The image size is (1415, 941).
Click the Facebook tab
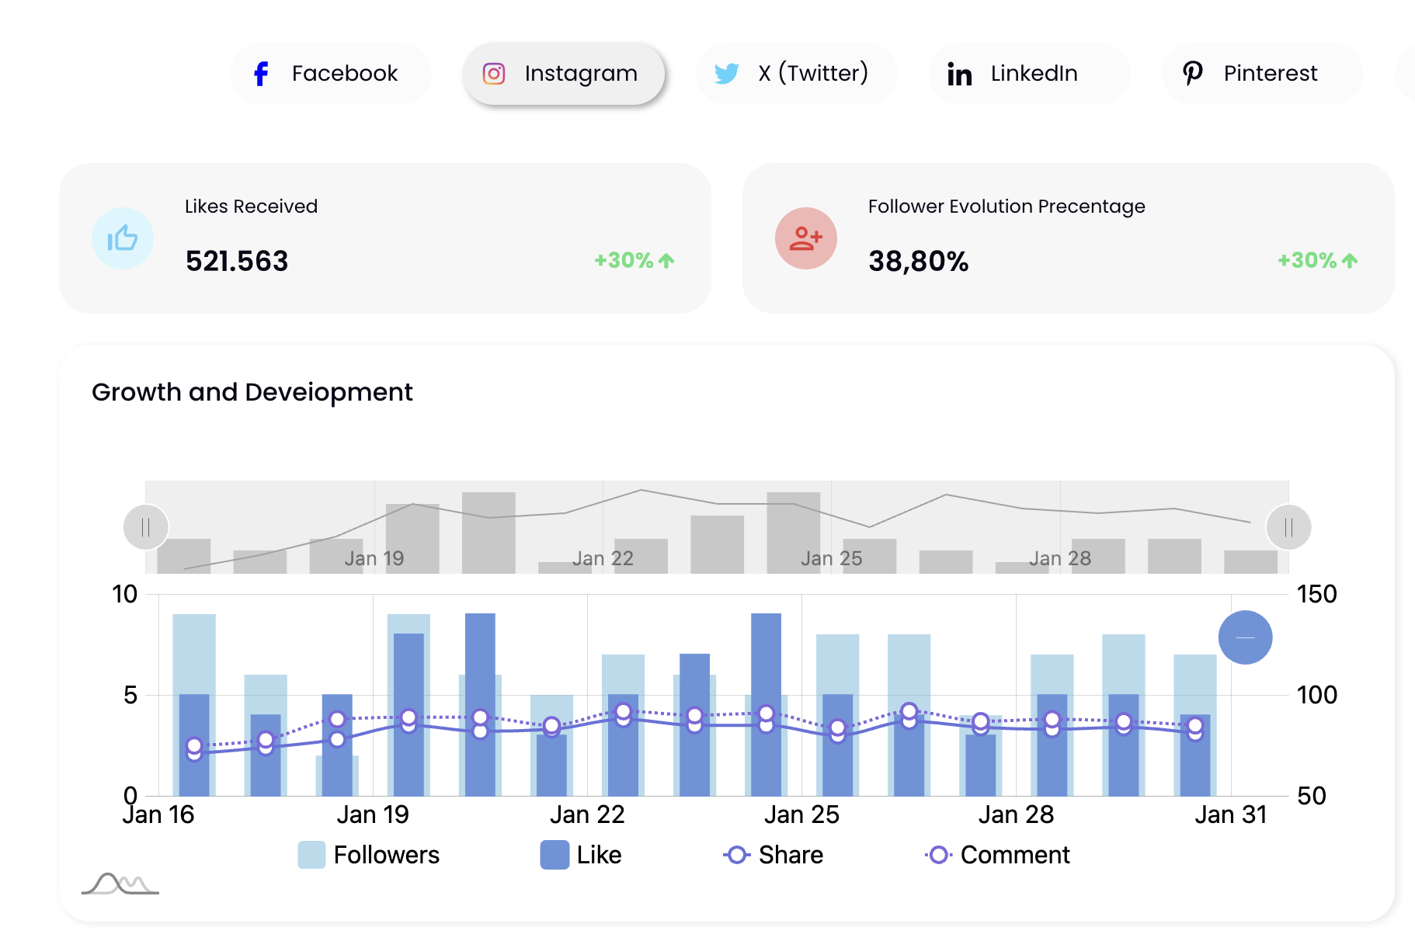330,74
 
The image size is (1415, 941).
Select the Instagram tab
564,74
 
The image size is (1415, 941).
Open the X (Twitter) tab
796,74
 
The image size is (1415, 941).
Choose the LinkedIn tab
1029,74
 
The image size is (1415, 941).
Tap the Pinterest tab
1262,74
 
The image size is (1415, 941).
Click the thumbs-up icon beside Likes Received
123,238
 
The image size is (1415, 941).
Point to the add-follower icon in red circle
806,238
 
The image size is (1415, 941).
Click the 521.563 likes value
237,262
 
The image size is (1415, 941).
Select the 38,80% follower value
919,262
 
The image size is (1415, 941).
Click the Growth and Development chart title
252,392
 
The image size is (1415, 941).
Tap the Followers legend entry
370,855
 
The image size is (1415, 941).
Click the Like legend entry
582,855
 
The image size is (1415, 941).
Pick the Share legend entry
774,855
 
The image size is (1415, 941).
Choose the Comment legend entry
998,855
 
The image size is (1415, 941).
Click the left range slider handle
146,528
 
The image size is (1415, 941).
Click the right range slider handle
1288,528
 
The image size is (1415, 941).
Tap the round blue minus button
1245,637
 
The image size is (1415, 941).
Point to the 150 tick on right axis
1316,595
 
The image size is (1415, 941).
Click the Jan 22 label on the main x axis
587,814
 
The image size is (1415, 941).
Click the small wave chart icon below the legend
120,884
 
